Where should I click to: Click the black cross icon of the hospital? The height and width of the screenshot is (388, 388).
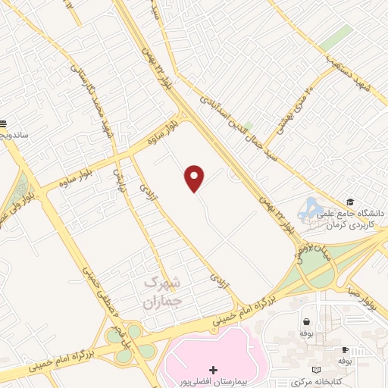coord(213,371)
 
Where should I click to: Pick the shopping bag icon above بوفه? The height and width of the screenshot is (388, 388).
coord(306,321)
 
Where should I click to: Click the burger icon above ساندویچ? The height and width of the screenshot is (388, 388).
coord(3,123)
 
